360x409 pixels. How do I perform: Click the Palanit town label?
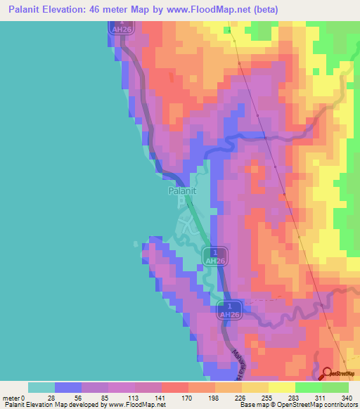(181, 190)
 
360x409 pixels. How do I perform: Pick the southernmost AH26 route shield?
(229, 310)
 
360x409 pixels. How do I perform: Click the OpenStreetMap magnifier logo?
(328, 374)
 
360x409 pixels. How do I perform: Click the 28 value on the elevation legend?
(50, 397)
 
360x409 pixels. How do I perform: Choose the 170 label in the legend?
(168, 397)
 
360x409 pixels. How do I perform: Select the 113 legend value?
(110, 397)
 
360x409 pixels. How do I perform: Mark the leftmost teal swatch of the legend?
(41, 387)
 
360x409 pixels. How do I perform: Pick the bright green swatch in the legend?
(308, 387)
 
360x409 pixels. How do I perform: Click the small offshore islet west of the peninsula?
(136, 243)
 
